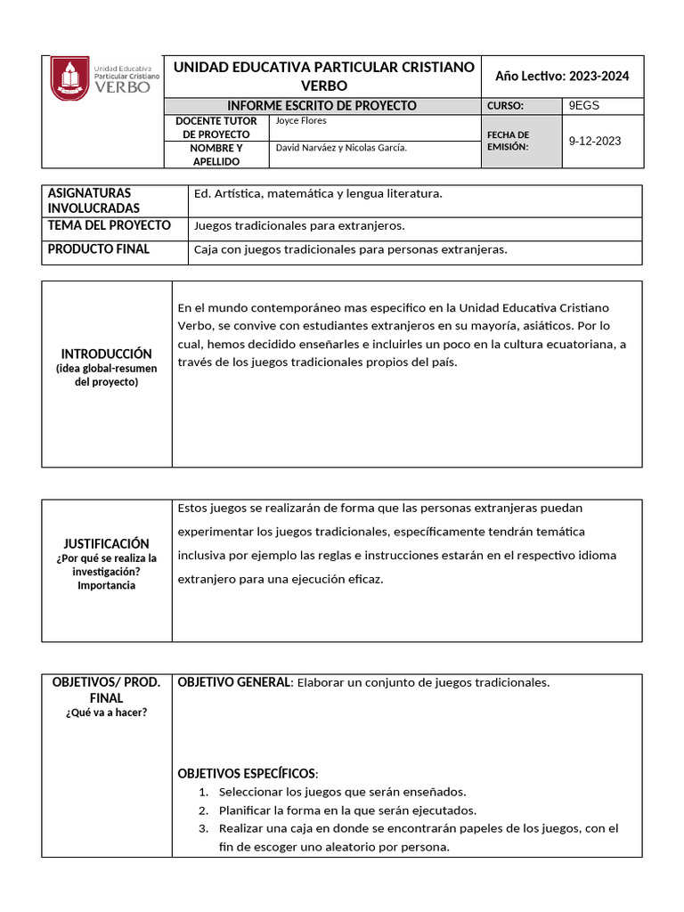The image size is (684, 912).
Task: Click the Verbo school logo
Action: coord(104,79)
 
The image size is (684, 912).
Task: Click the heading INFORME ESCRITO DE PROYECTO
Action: coord(322,105)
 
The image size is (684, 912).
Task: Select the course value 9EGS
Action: coord(584,105)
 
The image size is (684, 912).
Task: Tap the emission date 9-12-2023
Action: coord(595,141)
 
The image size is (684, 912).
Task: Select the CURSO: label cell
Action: coord(505,105)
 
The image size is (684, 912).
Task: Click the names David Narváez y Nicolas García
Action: coord(342,148)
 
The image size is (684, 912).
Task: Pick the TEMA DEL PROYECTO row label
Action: coord(109,225)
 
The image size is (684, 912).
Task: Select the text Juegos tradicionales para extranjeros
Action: coord(298,226)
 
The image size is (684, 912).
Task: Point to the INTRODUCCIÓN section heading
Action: coord(107,354)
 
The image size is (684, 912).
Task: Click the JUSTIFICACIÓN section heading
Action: coord(107,543)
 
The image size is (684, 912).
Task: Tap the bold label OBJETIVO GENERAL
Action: coord(234,682)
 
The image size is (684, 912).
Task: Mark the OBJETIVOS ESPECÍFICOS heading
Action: coord(247,772)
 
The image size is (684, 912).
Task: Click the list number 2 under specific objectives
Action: coord(203,810)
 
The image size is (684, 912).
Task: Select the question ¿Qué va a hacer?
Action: coord(106,712)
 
